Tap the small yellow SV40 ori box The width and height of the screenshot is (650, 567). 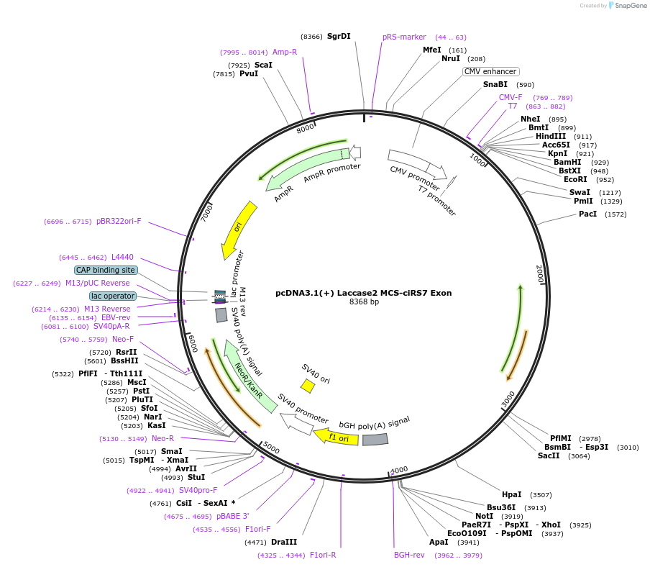pos(308,386)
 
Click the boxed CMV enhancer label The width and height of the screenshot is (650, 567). pos(490,71)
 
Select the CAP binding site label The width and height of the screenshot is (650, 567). pos(106,270)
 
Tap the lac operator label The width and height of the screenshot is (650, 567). pos(113,296)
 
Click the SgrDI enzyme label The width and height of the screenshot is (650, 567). pos(339,36)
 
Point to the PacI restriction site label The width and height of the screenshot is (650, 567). pos(587,214)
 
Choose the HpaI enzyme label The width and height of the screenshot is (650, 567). pos(512,494)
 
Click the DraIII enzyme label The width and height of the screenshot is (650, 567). pos(284,542)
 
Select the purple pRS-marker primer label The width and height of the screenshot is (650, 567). pos(404,37)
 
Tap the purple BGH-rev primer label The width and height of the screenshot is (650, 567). pos(409,555)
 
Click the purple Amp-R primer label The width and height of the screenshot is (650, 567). pos(285,52)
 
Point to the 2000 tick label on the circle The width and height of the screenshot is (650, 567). pos(540,273)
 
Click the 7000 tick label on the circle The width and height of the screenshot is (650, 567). pos(206,212)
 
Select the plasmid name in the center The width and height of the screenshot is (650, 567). pos(363,293)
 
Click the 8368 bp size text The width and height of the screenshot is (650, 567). pos(364,302)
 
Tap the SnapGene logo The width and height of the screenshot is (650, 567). pos(625,6)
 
